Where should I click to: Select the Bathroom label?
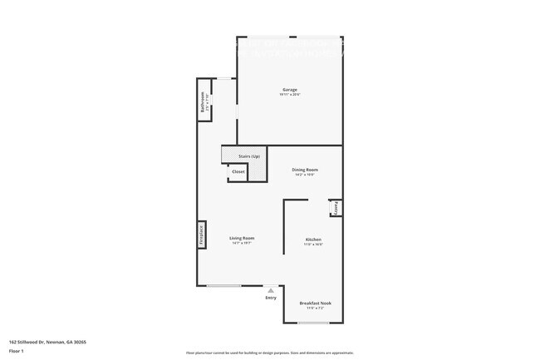[200, 104]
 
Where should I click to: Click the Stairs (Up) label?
[249, 156]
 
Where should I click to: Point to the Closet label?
[238, 172]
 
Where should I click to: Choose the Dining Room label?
[305, 170]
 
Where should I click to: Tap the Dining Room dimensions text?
[305, 175]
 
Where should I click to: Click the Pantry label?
[336, 208]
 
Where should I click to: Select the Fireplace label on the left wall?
[200, 235]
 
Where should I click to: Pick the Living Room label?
[241, 239]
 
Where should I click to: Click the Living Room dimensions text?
[241, 244]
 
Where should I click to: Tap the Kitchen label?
[312, 239]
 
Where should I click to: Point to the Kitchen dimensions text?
[312, 244]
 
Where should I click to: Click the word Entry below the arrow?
[270, 298]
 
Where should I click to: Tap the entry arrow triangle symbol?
[270, 290]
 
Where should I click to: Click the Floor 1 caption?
[16, 350]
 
